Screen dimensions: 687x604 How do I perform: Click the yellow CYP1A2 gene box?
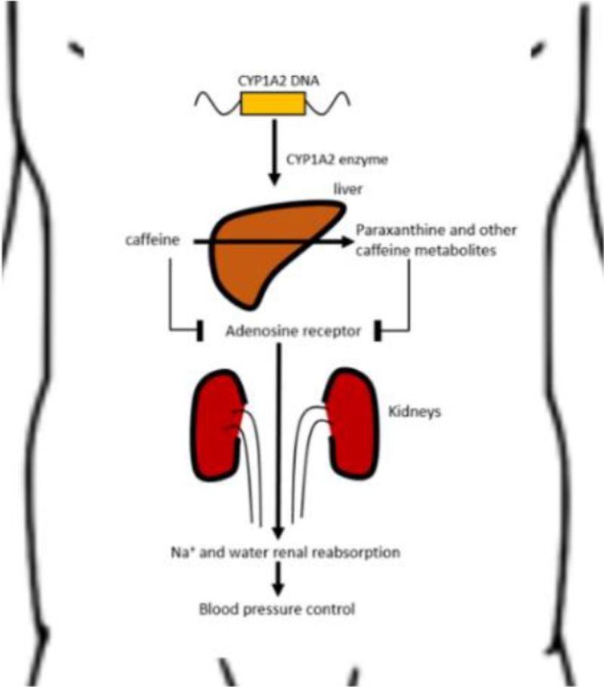273,103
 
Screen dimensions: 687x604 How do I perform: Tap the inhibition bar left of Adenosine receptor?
201,331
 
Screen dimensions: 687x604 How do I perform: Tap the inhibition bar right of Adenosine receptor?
377,331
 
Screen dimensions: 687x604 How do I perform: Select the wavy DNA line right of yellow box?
327,103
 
